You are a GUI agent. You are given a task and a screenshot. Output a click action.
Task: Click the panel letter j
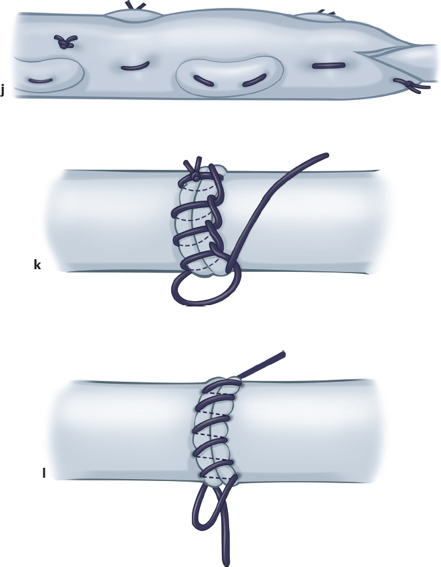pos(2,90)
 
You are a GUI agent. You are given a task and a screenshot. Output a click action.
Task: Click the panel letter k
pos(37,265)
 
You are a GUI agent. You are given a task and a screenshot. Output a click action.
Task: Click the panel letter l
pos(44,472)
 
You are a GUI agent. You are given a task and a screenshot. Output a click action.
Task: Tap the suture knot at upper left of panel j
pos(65,41)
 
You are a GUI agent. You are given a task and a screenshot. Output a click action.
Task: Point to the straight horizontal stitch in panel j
pos(328,65)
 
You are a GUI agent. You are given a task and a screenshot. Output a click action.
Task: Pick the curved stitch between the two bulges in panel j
pos(135,67)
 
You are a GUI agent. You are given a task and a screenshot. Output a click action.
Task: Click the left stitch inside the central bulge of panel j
pos(203,81)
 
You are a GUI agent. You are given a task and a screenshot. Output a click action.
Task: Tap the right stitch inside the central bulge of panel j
pos(254,80)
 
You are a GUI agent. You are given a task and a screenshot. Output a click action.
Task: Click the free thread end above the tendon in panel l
pos(262,366)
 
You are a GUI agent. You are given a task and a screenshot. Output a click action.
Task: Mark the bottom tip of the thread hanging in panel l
pos(226,564)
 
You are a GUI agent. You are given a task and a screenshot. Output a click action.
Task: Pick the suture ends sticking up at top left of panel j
pos(135,6)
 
